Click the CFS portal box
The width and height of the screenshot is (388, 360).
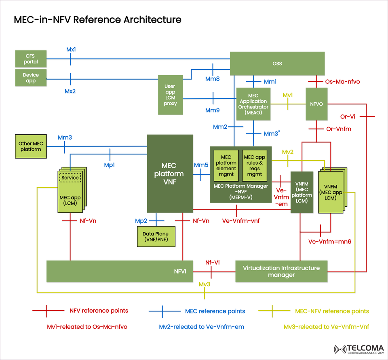pos(31,59)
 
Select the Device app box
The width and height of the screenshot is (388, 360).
pos(31,78)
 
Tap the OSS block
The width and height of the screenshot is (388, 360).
pos(277,64)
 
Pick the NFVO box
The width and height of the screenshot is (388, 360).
pos(316,104)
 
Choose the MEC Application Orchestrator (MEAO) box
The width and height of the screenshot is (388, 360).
pos(253,104)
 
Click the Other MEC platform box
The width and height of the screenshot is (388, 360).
pos(30,146)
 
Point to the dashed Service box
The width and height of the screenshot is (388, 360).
pos(70,178)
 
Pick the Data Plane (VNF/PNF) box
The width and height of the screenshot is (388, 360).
pos(156,236)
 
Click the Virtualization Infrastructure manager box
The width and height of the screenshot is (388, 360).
pos(281,271)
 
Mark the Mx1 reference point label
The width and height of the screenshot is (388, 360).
pos(71,49)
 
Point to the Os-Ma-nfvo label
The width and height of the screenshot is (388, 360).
pos(342,82)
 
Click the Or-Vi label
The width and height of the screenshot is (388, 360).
pos(348,116)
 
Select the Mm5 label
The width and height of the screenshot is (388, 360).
pos(201,165)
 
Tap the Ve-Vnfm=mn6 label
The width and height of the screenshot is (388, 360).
pos(329,241)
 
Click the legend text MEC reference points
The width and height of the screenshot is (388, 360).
pos(215,311)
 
